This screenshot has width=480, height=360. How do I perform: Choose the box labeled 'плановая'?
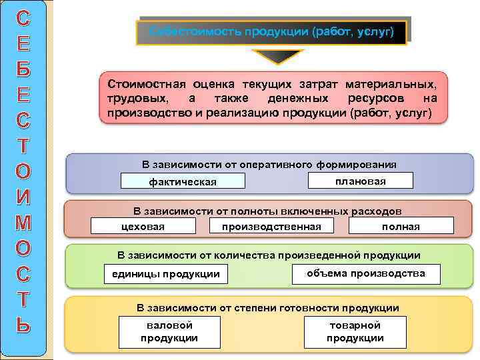click(x=361, y=181)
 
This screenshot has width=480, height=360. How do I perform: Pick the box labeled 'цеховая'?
click(x=143, y=227)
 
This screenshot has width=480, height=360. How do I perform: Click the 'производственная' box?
click(x=271, y=227)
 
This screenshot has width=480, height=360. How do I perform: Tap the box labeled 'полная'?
click(x=401, y=227)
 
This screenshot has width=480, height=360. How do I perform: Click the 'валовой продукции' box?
click(x=169, y=331)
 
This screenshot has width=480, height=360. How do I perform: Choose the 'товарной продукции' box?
click(x=355, y=331)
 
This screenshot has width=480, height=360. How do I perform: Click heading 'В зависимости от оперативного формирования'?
click(x=269, y=165)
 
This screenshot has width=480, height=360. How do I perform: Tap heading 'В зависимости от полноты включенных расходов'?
click(x=267, y=211)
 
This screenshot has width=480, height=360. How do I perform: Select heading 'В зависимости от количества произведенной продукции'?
click(x=269, y=255)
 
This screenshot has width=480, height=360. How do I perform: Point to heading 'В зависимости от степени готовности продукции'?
click(x=268, y=308)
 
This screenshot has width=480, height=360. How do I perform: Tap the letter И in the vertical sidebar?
click(x=23, y=197)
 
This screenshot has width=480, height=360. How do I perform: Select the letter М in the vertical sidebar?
click(x=23, y=222)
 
